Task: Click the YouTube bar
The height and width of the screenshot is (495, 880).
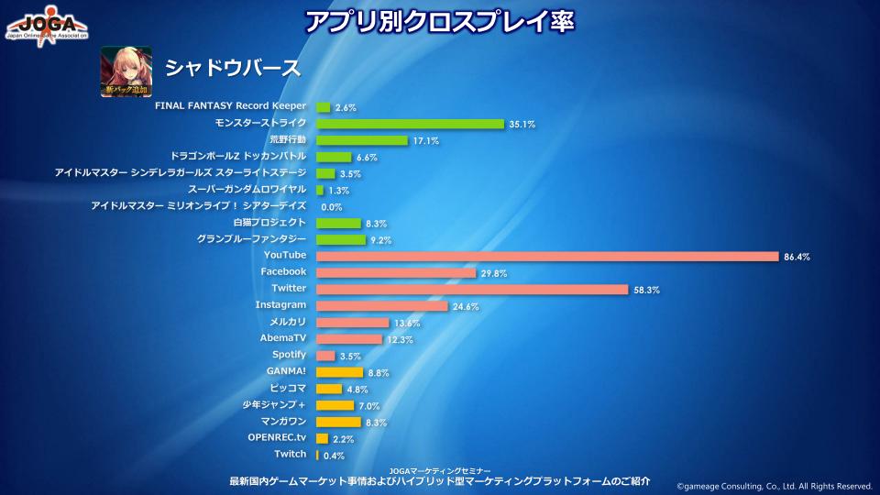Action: (x=547, y=256)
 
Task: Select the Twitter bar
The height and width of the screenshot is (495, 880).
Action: (x=472, y=289)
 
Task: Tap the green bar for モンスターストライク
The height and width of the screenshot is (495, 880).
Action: (x=410, y=124)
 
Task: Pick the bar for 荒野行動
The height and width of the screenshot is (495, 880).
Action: (x=361, y=140)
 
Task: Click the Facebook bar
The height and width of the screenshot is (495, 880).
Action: (x=396, y=272)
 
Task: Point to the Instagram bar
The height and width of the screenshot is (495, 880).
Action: (x=382, y=305)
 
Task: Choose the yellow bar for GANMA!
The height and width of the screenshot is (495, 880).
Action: (x=327, y=372)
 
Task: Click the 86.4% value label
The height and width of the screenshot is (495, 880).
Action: (x=797, y=257)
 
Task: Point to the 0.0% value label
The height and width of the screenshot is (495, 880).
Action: (x=332, y=207)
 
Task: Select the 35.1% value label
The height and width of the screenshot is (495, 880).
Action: (x=522, y=125)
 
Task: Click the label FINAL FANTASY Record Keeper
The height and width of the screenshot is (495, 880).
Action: (x=230, y=106)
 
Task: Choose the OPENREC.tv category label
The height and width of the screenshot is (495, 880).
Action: (x=277, y=437)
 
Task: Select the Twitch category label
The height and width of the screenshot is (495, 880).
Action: (x=290, y=455)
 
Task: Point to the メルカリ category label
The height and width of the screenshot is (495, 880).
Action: (x=287, y=322)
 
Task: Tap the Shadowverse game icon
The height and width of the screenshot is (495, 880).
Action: (x=126, y=71)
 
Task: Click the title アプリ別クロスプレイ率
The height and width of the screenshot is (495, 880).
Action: (x=439, y=20)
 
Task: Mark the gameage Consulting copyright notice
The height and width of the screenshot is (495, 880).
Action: (x=775, y=486)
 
